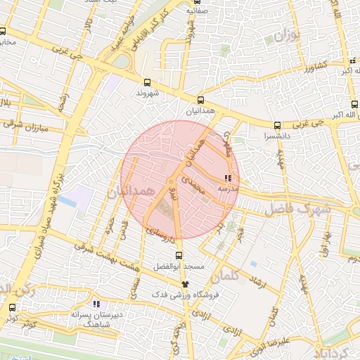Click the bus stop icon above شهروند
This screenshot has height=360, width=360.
pos(147,82)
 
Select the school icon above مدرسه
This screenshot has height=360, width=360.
pos(227,179)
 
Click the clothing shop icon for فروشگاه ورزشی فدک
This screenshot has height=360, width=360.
pos(186,284)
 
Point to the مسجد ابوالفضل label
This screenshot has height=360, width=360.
pos(179,267)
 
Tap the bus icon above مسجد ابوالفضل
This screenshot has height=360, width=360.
pos(179,256)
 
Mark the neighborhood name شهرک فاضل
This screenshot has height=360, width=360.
pos(292,208)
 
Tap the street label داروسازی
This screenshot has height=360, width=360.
pos(159,230)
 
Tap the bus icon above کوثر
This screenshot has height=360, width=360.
pos(11,307)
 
